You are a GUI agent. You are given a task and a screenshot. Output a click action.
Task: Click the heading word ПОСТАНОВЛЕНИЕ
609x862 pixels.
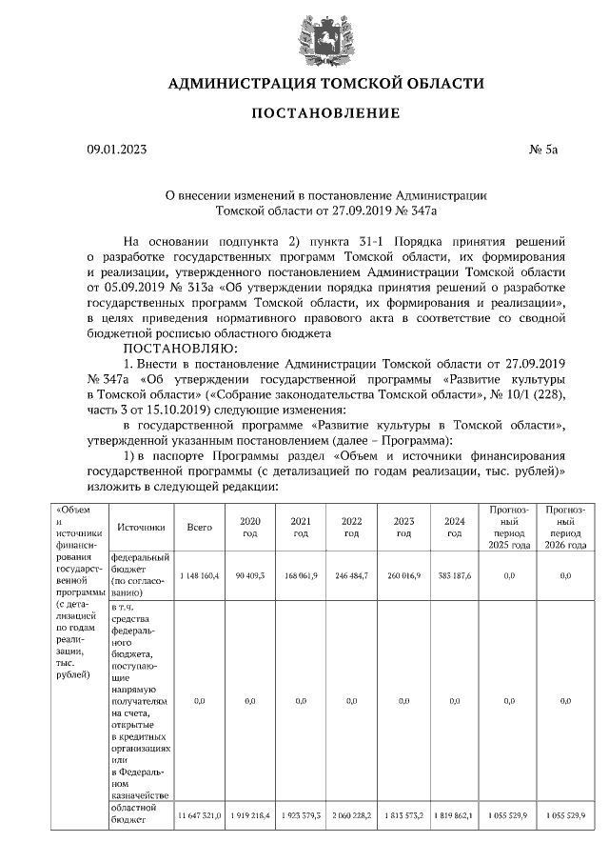point(324,113)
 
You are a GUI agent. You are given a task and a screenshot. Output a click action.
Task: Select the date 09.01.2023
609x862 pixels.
point(117,150)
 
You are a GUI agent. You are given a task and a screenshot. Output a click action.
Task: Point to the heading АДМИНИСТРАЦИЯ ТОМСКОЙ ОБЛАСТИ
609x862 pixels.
point(324,84)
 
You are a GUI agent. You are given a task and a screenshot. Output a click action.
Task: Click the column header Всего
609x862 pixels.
point(199,527)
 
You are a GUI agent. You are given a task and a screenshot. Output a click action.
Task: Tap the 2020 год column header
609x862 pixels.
point(250,527)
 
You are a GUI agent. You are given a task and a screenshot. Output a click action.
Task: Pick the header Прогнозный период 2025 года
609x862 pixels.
point(508,527)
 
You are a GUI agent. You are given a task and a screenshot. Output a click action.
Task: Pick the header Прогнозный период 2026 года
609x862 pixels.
point(565,527)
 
